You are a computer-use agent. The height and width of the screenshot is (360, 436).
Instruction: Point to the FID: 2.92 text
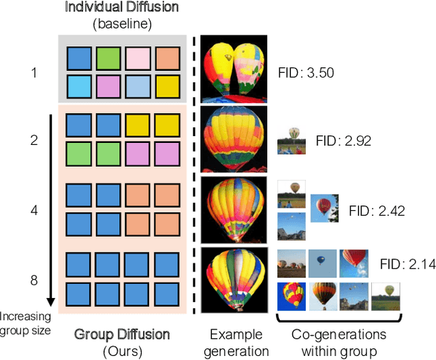tap(343, 142)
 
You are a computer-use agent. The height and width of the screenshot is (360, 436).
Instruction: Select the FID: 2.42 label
tap(377, 210)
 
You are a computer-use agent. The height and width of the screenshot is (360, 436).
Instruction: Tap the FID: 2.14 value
tap(406, 263)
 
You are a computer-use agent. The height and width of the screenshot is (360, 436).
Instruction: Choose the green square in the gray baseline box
tap(106, 58)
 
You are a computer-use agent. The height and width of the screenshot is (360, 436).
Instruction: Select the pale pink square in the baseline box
tap(136, 58)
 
